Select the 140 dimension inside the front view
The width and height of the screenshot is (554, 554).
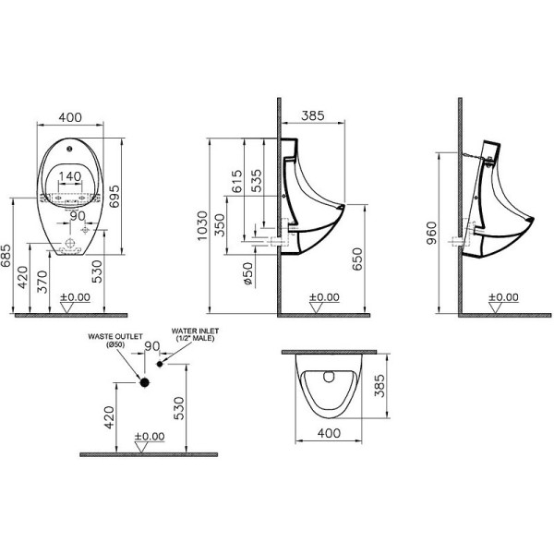tap(74, 176)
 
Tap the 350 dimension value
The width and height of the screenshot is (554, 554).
tap(220, 227)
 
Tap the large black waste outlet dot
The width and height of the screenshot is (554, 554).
tap(144, 380)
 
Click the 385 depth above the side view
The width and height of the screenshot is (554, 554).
tap(317, 117)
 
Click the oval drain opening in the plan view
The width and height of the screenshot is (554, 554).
tap(328, 376)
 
